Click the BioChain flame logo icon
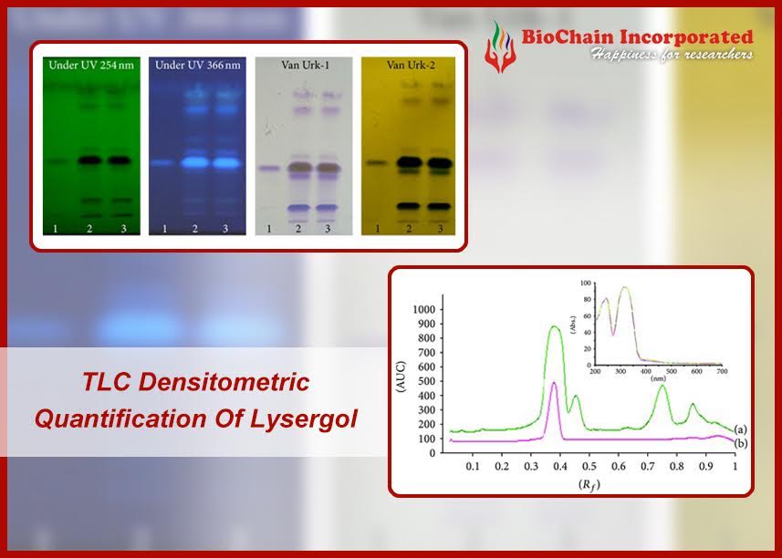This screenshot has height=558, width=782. click(499, 46)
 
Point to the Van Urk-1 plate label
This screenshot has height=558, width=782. click(298, 66)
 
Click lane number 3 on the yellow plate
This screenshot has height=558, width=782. click(440, 228)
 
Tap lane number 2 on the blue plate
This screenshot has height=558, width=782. click(195, 228)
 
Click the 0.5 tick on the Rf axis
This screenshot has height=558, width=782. click(589, 466)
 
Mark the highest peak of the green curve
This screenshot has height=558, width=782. click(554, 326)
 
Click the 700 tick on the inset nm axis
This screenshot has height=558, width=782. click(721, 372)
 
